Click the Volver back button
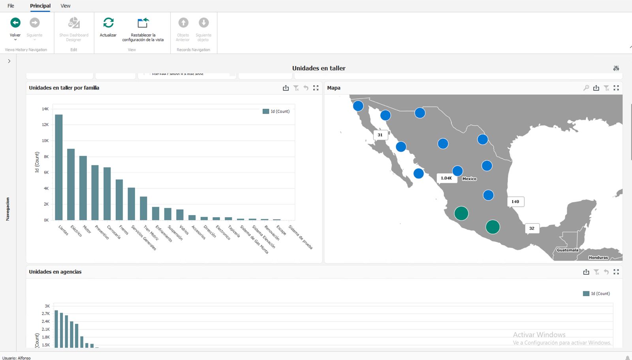pos(15,23)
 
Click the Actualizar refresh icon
pos(108,23)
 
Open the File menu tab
pos(11,6)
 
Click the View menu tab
pos(65,6)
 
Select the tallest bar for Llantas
pos(59,167)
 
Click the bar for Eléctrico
pos(71,184)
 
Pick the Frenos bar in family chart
pos(119,200)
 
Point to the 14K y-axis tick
pos(45,109)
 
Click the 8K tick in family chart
pos(46,157)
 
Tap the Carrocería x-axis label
pos(114,232)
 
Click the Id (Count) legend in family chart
pos(276,112)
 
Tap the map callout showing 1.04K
pos(446,178)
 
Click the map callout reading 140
pos(515,202)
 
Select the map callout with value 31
pos(380,135)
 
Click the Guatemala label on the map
pos(567,250)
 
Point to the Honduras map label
pos(598,258)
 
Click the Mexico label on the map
pos(469,179)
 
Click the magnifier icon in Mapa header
pos(586,88)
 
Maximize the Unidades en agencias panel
pos(616,272)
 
